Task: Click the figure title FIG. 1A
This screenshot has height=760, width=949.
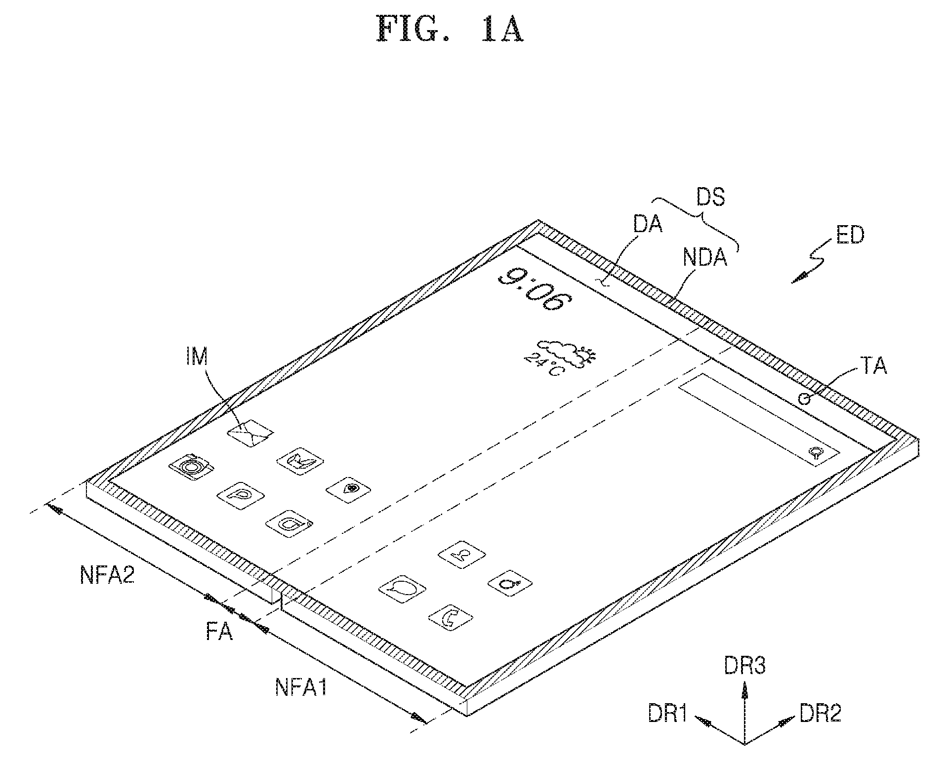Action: pyautogui.click(x=450, y=29)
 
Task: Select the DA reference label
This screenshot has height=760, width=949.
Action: pyautogui.click(x=648, y=225)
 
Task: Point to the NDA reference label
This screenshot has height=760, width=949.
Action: pyautogui.click(x=705, y=257)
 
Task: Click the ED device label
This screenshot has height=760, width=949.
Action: pyautogui.click(x=850, y=236)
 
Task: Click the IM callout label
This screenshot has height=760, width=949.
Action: pyautogui.click(x=197, y=357)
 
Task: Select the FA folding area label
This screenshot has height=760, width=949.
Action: pyautogui.click(x=219, y=632)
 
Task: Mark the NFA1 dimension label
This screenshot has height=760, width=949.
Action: pyautogui.click(x=301, y=687)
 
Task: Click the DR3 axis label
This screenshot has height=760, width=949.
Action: pyautogui.click(x=745, y=666)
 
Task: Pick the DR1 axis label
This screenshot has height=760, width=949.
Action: pyautogui.click(x=668, y=713)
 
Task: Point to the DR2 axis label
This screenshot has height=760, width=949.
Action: pyautogui.click(x=820, y=713)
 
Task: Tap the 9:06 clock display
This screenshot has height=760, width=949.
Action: pyautogui.click(x=531, y=289)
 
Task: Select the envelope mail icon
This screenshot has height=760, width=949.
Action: pyautogui.click(x=250, y=433)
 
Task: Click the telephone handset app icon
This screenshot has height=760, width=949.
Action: pyautogui.click(x=450, y=618)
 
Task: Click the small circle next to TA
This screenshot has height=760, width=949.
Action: pyautogui.click(x=805, y=399)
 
